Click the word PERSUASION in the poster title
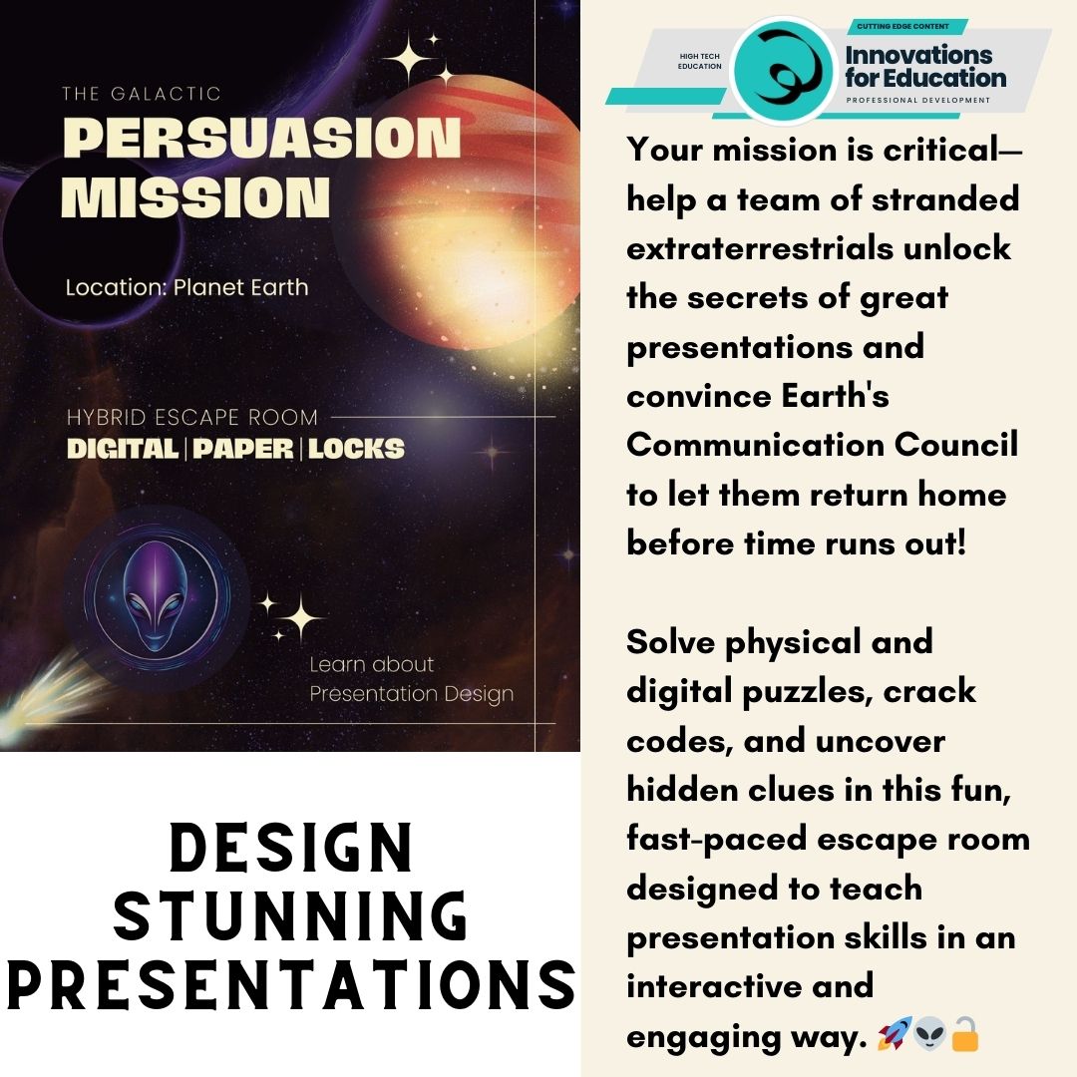(261, 138)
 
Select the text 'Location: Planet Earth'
(186, 288)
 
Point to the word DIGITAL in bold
(122, 449)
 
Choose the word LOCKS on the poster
(356, 449)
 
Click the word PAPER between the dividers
(243, 449)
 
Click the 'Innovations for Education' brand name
(925, 66)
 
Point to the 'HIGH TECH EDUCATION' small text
(699, 61)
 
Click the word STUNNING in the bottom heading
(289, 915)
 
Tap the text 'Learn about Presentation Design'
(410, 679)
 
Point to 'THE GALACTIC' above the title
(141, 95)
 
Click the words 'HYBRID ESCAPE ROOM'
(192, 417)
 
